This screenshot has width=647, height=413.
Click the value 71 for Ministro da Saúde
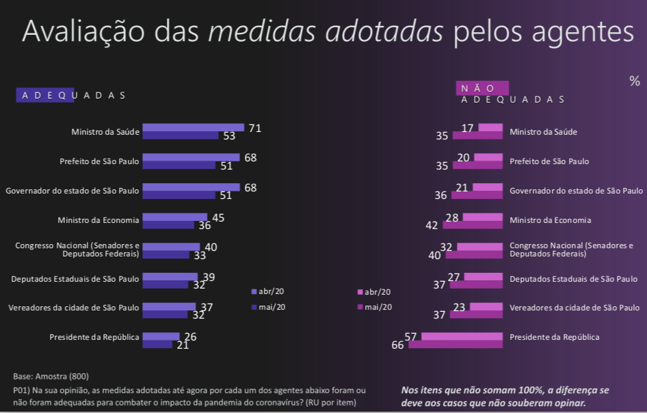[x=255, y=128]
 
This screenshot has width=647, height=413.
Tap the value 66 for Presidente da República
[x=397, y=345]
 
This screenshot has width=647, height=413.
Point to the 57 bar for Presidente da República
[x=462, y=336]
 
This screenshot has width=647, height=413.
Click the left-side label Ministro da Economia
[x=98, y=220]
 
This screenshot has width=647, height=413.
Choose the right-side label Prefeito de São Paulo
[x=549, y=161]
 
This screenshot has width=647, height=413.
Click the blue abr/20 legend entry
[x=268, y=291]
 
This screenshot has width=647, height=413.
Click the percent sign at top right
[x=634, y=81]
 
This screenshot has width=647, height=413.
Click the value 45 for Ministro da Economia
[x=218, y=217]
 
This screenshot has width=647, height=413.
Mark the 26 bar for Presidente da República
[x=161, y=336]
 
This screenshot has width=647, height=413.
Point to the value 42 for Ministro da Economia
[x=432, y=225]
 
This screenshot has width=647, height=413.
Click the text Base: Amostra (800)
[x=51, y=376]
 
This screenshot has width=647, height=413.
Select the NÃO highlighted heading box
[x=482, y=88]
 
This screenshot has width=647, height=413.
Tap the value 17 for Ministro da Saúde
[x=468, y=128]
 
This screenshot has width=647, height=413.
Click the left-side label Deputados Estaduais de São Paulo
[x=75, y=279]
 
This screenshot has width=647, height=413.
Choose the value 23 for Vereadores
[x=459, y=307]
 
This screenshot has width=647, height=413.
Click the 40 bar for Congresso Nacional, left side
[x=171, y=247]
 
